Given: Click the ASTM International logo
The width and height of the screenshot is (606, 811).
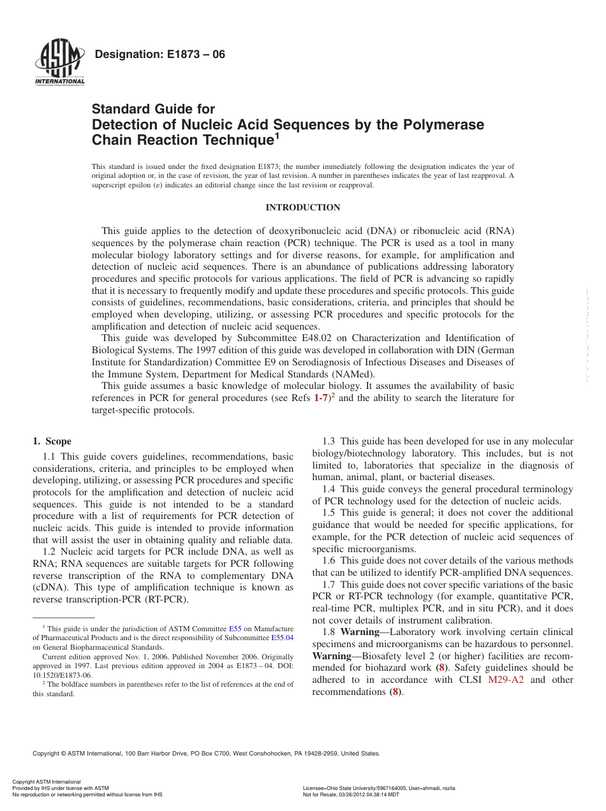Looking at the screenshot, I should pyautogui.click(x=59, y=64).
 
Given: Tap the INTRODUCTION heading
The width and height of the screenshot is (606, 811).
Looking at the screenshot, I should pyautogui.click(x=302, y=208).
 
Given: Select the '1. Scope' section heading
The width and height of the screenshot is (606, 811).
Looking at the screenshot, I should pyautogui.click(x=52, y=441).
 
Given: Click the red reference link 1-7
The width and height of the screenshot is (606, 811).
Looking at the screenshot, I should pyautogui.click(x=321, y=398).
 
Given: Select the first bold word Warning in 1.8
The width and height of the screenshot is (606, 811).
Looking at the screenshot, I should pyautogui.click(x=360, y=632).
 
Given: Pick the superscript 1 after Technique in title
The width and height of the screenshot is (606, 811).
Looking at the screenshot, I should pyautogui.click(x=277, y=135).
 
